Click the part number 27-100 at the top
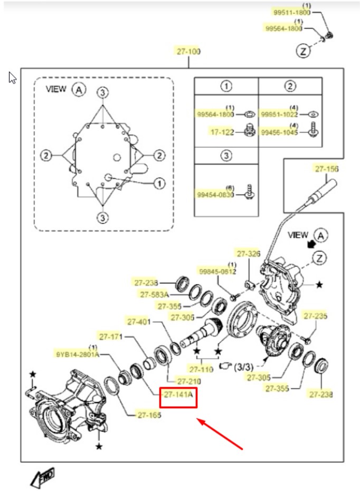(188, 51)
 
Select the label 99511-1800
(292, 12)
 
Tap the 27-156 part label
(327, 169)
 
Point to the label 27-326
(249, 253)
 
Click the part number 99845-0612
(218, 271)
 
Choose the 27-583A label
(155, 294)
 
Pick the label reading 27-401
(139, 321)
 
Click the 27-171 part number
(111, 336)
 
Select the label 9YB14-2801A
(78, 354)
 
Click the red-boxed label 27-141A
(178, 394)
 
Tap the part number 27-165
(149, 415)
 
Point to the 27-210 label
(190, 381)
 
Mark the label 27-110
(201, 370)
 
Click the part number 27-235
(315, 315)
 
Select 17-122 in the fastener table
(222, 132)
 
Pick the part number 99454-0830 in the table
(215, 195)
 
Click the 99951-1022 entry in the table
(279, 114)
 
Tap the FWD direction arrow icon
(43, 477)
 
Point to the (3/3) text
(243, 367)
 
